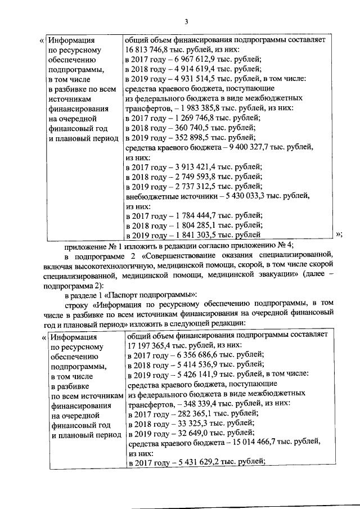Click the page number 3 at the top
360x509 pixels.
pos(185,22)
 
